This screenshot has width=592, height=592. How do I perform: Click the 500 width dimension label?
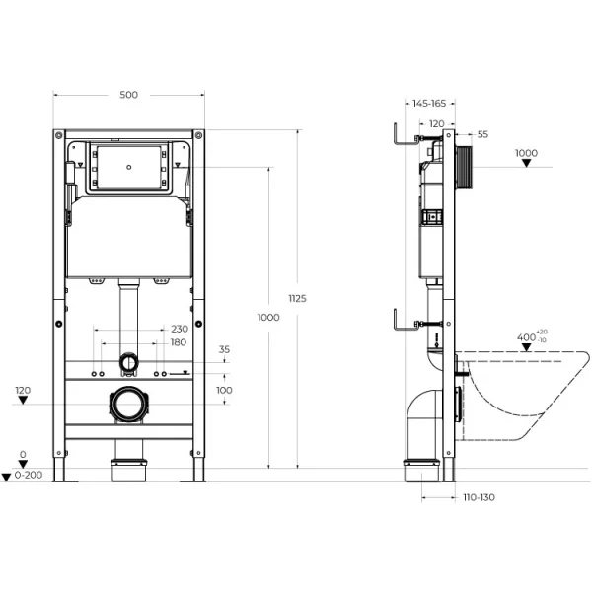tap(128, 95)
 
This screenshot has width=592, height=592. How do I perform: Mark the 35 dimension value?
tap(224, 349)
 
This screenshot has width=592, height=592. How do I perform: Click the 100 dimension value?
tap(224, 391)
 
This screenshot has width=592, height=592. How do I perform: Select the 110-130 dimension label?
tap(480, 496)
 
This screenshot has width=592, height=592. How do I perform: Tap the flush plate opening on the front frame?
tap(128, 167)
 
